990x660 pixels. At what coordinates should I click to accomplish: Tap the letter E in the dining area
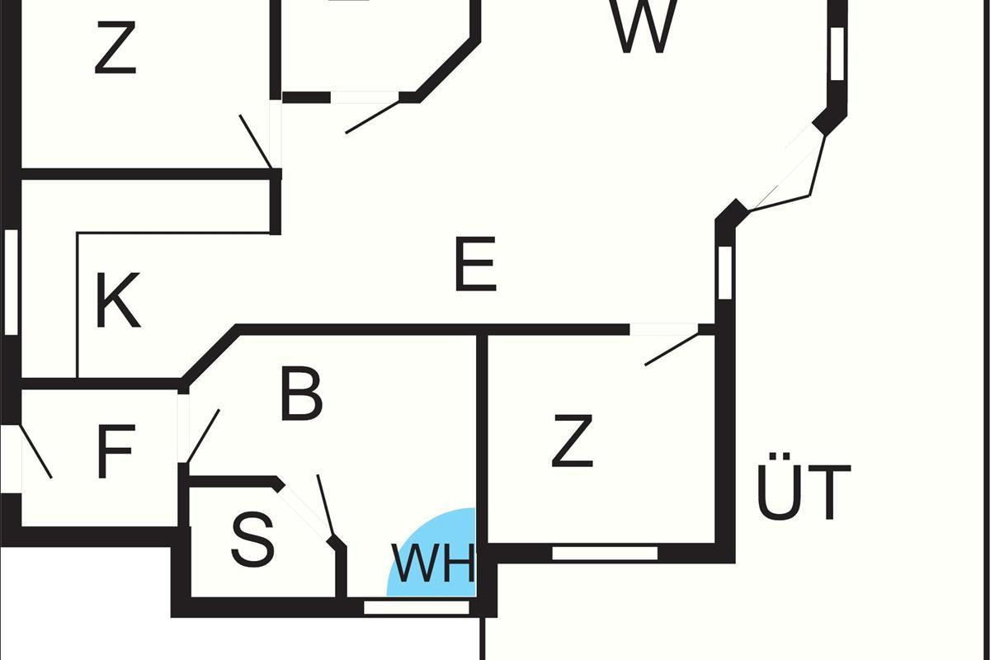(475, 264)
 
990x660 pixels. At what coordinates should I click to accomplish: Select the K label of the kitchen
(117, 300)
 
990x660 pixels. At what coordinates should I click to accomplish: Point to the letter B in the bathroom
(301, 394)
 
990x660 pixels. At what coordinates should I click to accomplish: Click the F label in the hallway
(115, 451)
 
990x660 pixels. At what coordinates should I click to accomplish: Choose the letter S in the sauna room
(253, 540)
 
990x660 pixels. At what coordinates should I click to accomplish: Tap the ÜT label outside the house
(804, 486)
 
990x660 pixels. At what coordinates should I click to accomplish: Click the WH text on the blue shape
(434, 563)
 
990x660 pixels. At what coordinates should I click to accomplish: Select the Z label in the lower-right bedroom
(573, 441)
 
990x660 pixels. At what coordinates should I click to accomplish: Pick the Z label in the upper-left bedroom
(115, 48)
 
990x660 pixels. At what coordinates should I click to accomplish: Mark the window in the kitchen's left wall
(11, 282)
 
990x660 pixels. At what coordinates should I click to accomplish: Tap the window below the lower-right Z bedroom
(605, 553)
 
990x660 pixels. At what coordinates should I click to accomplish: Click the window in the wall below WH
(417, 607)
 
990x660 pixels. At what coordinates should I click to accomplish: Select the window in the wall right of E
(725, 272)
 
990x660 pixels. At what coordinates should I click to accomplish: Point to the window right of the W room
(837, 54)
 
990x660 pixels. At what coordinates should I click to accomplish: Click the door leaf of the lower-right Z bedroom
(672, 350)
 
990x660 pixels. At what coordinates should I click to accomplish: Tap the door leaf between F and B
(203, 436)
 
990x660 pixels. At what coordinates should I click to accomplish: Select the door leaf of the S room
(325, 507)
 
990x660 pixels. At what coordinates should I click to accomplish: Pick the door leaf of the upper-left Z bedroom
(256, 141)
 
